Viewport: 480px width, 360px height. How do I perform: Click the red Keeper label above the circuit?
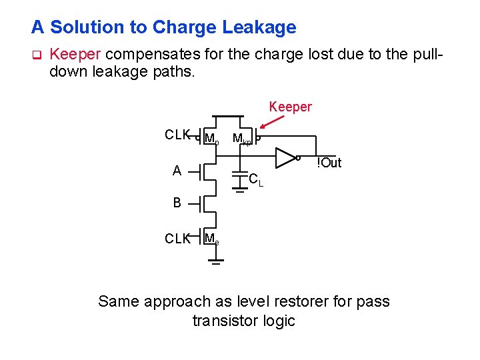tap(290, 107)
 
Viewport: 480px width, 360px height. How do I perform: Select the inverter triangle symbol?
tap(286, 158)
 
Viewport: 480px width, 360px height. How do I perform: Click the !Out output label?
tap(329, 163)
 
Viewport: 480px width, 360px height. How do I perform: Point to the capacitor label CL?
tap(255, 179)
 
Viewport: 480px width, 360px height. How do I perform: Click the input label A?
tap(177, 171)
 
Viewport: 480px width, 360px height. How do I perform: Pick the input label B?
tap(177, 203)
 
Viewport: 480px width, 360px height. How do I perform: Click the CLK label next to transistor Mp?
tap(177, 135)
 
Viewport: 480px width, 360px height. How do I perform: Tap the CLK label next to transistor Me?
tap(177, 239)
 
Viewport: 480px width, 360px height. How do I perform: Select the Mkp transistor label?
tap(241, 139)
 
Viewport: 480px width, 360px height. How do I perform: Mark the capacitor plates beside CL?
tap(239, 175)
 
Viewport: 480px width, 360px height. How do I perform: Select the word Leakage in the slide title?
tap(257, 27)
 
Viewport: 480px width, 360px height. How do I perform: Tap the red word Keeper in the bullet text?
tap(75, 53)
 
